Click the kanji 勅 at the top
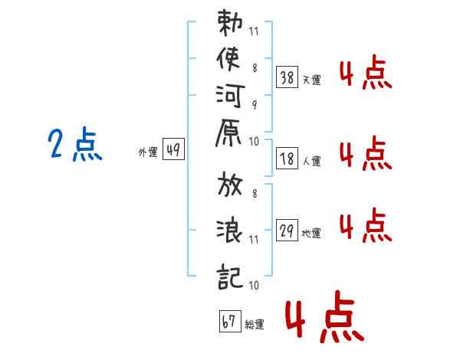click(229, 25)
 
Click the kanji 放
click(230, 188)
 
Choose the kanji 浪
click(230, 230)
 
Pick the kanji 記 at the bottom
click(230, 272)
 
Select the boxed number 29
click(287, 229)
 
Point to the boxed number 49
click(173, 150)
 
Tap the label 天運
click(311, 80)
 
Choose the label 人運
click(311, 161)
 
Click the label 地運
click(311, 233)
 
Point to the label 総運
click(254, 325)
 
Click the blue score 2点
click(75, 145)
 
